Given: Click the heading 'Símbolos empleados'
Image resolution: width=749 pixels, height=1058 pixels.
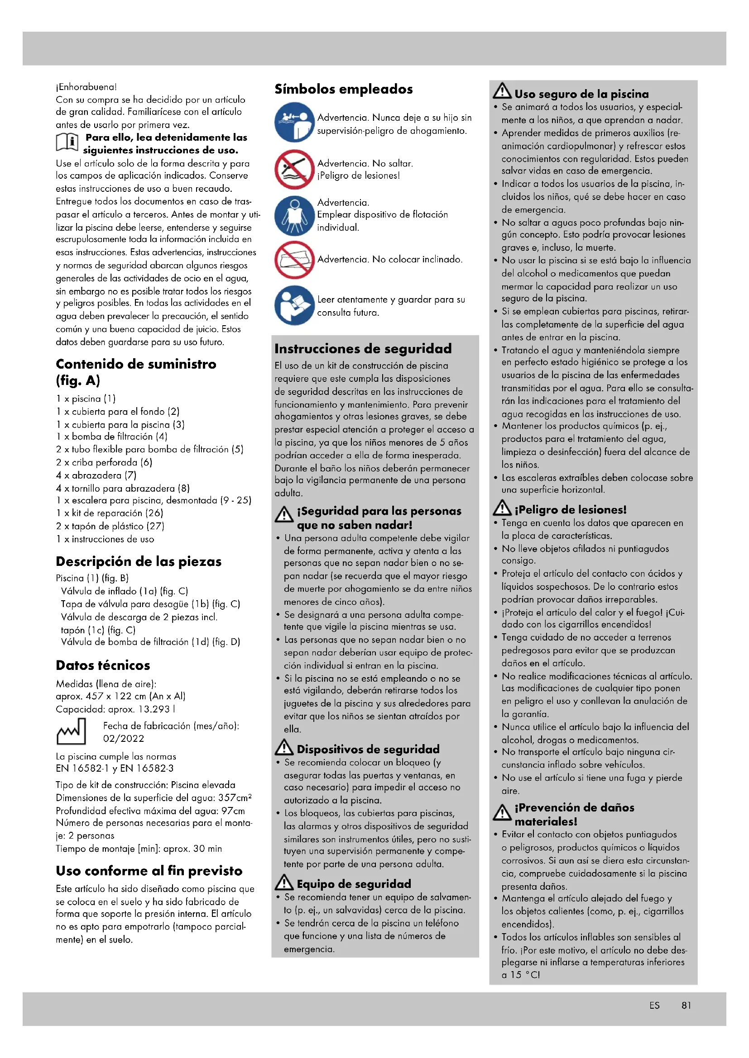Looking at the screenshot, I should coord(344,89).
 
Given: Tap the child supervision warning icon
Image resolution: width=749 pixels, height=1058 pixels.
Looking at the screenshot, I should coord(294,122).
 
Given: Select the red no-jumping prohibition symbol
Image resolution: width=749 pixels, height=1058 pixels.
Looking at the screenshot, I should coord(294,169).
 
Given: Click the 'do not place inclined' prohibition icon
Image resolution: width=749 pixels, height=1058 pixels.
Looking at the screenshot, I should coord(294,260).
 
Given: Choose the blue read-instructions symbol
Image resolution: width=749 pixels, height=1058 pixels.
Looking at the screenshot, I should coord(294,305).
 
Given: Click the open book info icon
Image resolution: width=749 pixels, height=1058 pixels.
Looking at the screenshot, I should coord(67,142).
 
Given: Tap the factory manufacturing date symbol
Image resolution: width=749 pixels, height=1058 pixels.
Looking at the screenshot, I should coord(71,732).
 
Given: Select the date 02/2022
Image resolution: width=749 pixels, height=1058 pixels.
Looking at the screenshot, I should coord(124,739).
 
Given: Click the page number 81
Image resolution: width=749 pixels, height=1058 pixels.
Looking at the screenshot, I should coord(686,1006).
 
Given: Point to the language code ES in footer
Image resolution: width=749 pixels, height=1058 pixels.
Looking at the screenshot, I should coord(654,1006).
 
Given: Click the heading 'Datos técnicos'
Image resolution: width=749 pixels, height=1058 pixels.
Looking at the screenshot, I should coord(103,665).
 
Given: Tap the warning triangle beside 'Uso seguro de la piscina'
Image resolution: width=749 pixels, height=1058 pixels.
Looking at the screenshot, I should coord(502,91).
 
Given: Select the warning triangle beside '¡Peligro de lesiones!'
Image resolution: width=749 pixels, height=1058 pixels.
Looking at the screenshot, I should coord(502,508).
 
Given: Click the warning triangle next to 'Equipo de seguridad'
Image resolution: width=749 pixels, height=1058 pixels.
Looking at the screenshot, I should coord(284,882).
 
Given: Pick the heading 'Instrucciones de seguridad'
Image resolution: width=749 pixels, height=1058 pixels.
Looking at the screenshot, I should coord(363,349).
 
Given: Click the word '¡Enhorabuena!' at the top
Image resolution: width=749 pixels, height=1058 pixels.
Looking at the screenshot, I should coord(86,87).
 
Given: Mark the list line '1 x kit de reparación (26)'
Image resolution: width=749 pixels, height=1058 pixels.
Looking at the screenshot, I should coord(110,513).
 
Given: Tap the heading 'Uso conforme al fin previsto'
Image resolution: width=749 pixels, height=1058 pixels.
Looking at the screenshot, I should coord(149,871).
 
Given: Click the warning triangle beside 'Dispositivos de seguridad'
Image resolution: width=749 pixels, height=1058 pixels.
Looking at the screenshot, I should coord(284,747).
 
